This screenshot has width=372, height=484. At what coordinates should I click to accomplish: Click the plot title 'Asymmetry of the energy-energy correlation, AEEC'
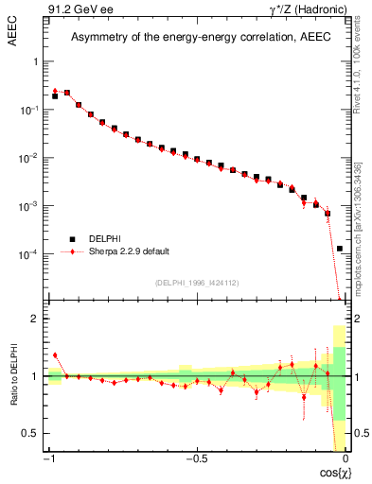click(196, 38)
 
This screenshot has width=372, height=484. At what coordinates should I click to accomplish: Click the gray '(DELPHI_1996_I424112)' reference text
click(196, 282)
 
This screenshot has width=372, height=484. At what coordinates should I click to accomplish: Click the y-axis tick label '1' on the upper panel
click(36, 61)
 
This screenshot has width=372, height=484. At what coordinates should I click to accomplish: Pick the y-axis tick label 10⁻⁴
click(29, 255)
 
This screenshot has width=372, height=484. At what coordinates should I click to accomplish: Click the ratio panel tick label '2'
click(36, 320)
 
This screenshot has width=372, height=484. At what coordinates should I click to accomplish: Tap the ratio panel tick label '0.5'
click(32, 433)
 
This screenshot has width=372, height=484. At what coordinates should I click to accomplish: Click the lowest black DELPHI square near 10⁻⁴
click(340, 249)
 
